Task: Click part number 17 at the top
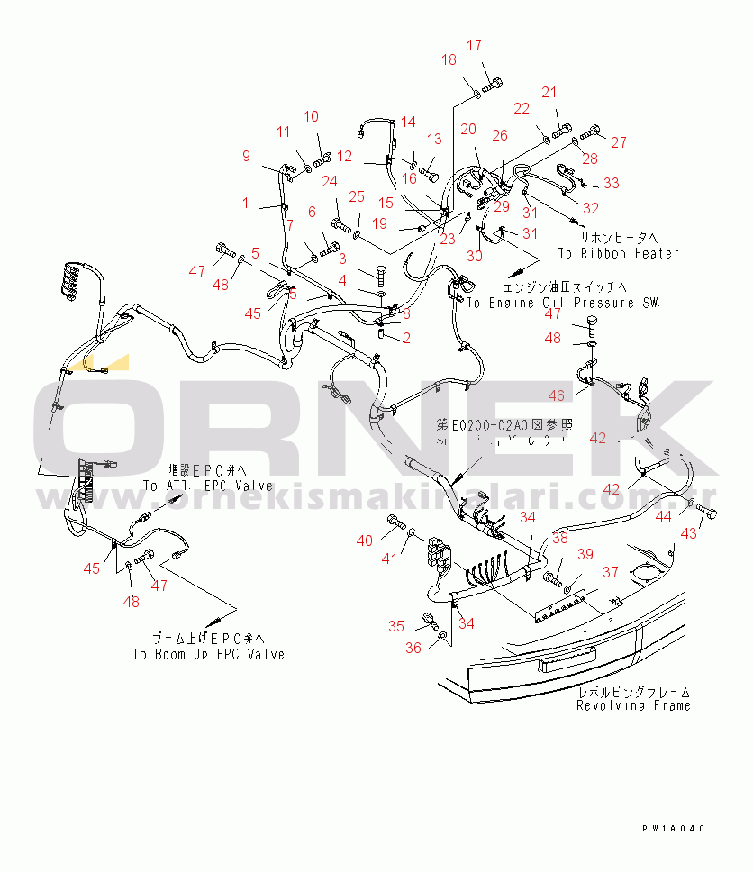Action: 475,45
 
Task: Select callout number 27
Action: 619,142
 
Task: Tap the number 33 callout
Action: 612,184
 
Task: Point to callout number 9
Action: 246,156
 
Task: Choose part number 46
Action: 557,395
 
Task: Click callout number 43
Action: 688,533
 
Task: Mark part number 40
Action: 364,540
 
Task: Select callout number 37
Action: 611,572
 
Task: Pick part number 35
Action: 396,627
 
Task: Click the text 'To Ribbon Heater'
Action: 618,254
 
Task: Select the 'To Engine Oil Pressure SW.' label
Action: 563,304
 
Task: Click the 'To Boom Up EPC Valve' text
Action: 208,654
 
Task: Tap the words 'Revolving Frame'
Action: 634,705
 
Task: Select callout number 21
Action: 549,92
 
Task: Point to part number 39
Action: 585,554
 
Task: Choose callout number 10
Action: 311,116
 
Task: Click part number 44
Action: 664,517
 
